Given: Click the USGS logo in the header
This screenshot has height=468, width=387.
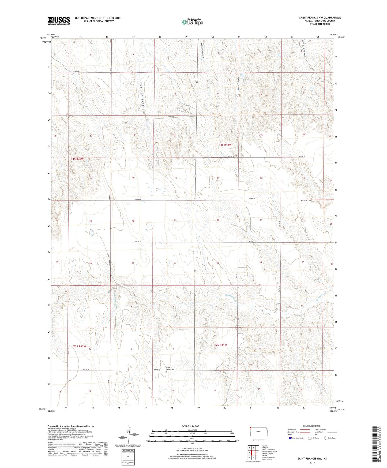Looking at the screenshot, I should pos(59,21).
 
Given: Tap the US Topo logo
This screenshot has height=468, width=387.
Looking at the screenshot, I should pos(192,22).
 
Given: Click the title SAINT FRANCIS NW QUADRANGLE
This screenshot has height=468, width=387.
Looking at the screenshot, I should pos(320,18).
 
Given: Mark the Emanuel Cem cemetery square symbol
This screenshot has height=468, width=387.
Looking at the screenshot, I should pos(301,203).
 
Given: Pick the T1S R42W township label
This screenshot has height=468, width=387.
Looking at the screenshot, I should pos(77,159).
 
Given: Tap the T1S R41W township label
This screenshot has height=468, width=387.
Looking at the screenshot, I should pos(225,145).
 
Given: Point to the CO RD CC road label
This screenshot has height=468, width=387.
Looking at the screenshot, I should pos(171,116).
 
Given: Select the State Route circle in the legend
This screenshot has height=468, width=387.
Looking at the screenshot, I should pos(326,438).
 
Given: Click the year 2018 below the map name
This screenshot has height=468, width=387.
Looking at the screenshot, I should pos(312,462).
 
